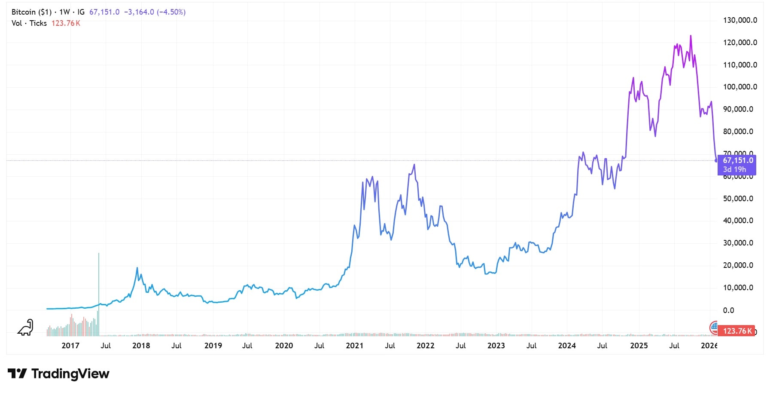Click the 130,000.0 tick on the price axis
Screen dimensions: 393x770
click(x=740, y=20)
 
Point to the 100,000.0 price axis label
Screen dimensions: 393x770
click(x=740, y=87)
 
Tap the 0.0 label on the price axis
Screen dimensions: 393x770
click(x=728, y=310)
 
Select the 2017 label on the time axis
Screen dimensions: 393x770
click(x=70, y=346)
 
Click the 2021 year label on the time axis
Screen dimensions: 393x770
click(x=354, y=346)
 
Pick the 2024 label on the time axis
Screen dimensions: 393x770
click(x=567, y=346)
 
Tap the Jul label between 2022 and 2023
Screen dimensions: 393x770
click(x=460, y=346)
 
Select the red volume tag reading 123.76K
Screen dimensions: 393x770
click(x=737, y=331)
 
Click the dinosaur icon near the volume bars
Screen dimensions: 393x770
click(x=25, y=328)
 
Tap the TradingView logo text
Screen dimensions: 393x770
click(x=70, y=374)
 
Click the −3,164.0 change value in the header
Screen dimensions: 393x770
click(x=139, y=12)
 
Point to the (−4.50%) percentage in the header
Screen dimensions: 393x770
click(x=171, y=12)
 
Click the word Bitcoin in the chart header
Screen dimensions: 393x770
click(x=24, y=12)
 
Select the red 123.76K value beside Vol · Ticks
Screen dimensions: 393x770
click(x=66, y=23)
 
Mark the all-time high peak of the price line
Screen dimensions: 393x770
click(x=691, y=36)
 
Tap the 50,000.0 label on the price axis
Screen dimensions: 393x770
click(x=738, y=199)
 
